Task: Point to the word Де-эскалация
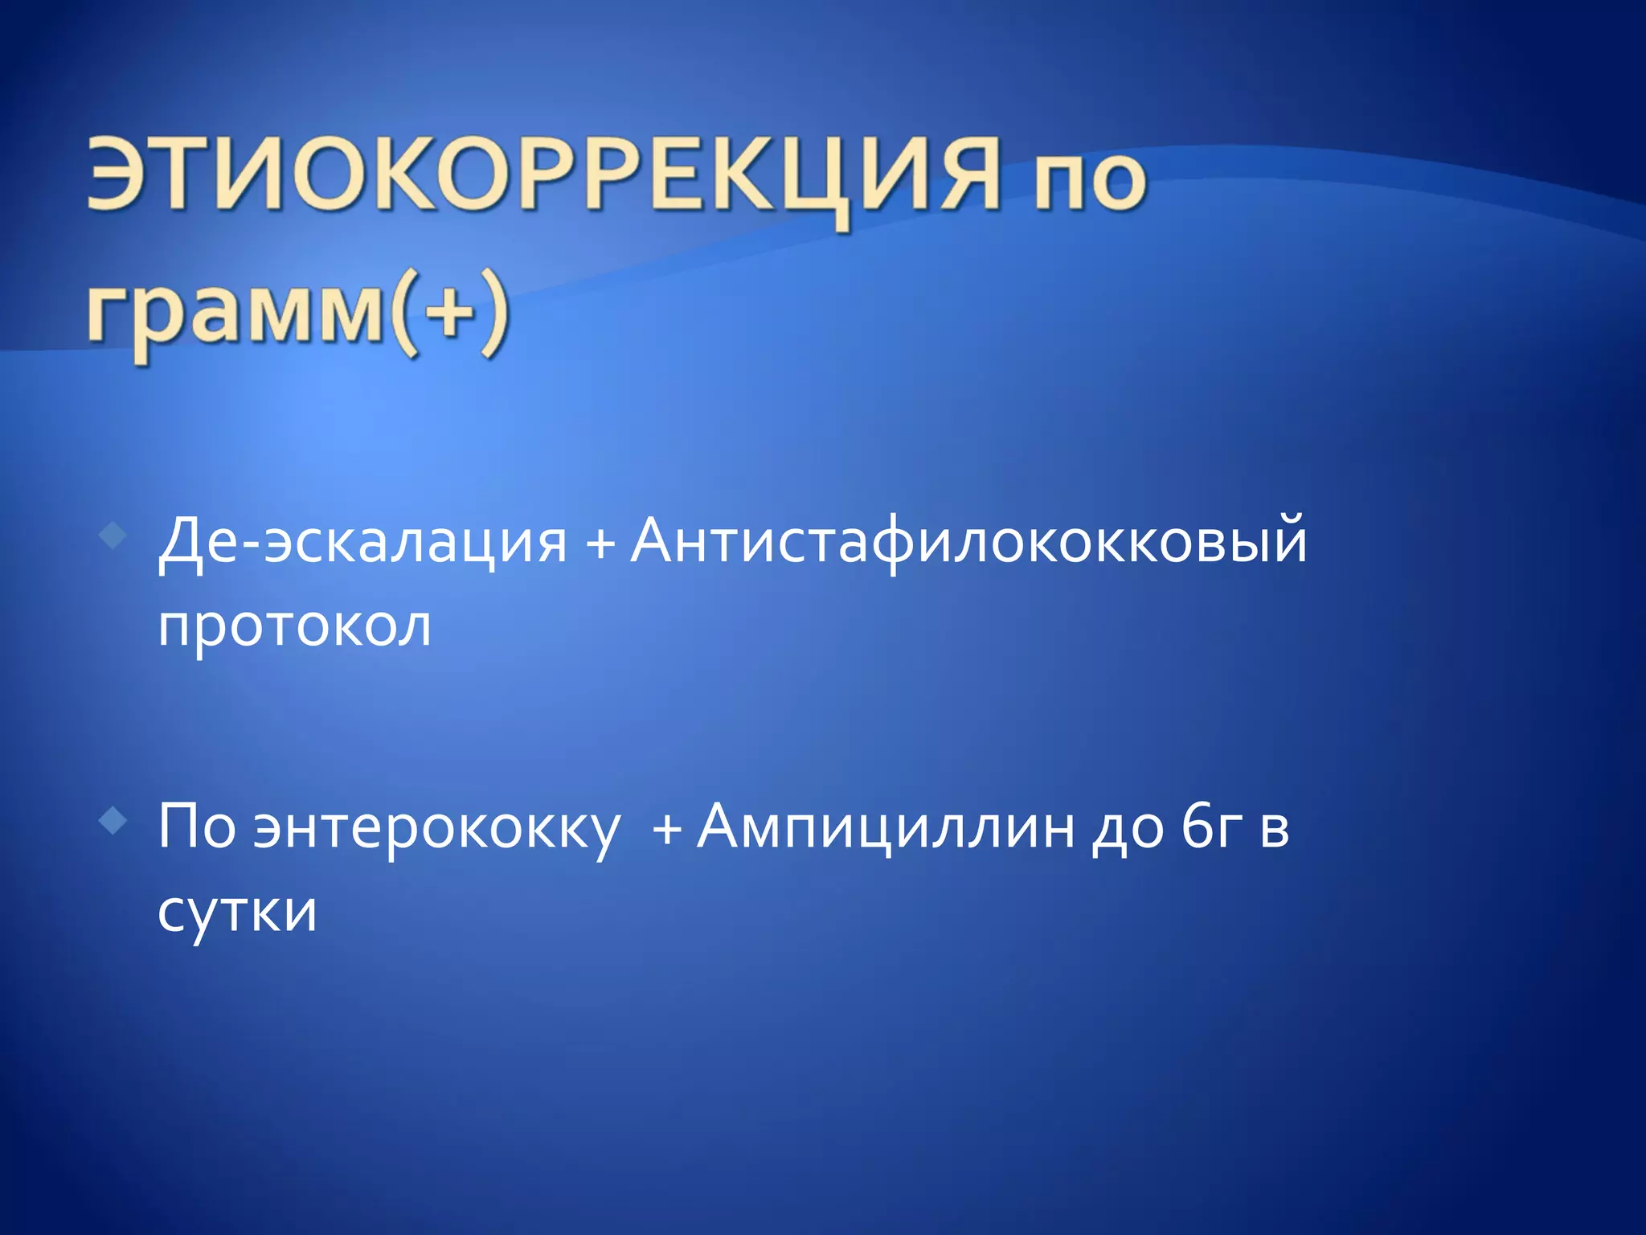[362, 541]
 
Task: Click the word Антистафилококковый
[968, 541]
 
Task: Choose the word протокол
[294, 626]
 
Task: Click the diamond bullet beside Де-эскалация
[114, 535]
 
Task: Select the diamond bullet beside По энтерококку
[114, 821]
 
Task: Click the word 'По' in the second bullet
[196, 826]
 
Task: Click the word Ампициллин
[885, 827]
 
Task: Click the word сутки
[237, 912]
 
